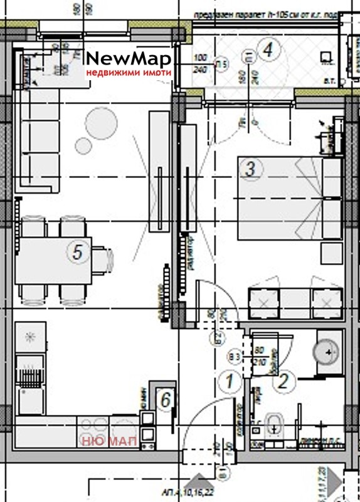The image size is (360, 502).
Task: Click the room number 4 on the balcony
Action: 268,48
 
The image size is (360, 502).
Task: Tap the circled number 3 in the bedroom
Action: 250,169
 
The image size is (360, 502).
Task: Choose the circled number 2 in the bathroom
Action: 283,380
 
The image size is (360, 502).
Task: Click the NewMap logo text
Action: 128,60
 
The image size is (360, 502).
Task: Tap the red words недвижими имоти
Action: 128,73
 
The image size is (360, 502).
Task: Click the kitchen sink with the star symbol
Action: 29,337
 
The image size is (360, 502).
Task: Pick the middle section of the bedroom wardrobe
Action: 295,305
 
